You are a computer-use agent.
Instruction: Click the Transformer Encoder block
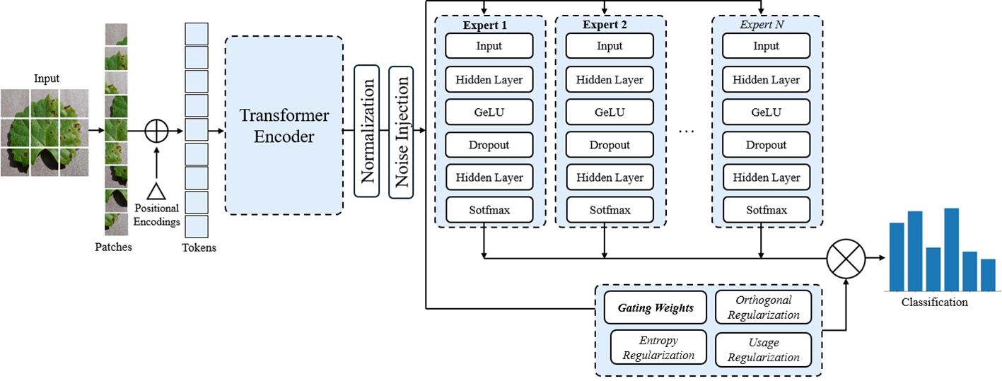(x=284, y=126)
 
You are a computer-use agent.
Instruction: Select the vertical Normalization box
(x=367, y=131)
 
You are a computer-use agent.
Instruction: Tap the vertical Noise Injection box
(x=402, y=131)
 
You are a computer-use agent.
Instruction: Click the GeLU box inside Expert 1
(x=489, y=112)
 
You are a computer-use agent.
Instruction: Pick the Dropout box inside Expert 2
(x=610, y=145)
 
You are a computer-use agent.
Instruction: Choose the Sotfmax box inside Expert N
(x=766, y=210)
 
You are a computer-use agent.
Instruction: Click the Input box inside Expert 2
(x=610, y=46)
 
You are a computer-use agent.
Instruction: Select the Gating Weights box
(x=656, y=307)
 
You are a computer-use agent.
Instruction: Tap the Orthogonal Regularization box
(x=764, y=307)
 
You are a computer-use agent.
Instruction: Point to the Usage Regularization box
(x=764, y=349)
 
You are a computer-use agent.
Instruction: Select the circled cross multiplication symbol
(x=846, y=257)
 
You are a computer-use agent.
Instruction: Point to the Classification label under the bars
(x=934, y=302)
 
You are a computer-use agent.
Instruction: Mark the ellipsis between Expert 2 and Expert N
(x=687, y=131)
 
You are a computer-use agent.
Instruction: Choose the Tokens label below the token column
(x=199, y=247)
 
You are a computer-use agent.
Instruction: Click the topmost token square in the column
(x=197, y=34)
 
